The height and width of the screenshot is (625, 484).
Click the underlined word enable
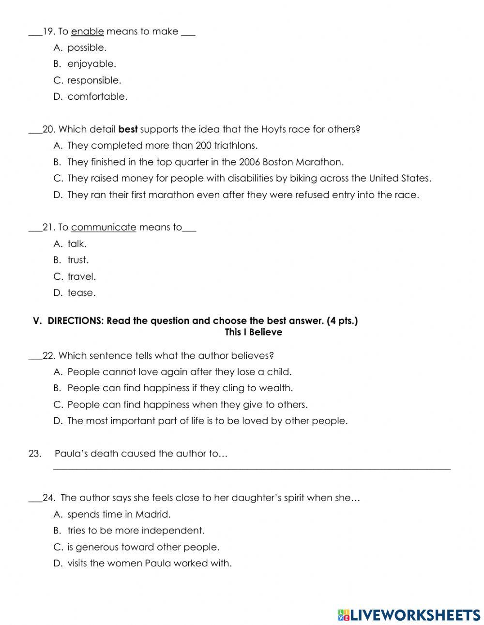tap(87, 31)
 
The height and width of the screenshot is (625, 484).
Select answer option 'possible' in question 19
tap(87, 47)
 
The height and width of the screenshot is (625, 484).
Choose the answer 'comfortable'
tap(97, 96)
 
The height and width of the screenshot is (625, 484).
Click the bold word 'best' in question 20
tap(128, 129)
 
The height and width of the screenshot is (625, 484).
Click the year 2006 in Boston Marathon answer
tap(251, 162)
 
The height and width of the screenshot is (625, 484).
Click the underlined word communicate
tap(104, 227)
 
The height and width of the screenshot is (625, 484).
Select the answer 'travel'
tap(81, 276)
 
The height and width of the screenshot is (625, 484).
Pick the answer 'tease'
tap(81, 292)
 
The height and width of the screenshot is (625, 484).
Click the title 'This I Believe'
tap(253, 332)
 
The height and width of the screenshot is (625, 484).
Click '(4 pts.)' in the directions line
tap(342, 321)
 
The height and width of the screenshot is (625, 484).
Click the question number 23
tap(34, 454)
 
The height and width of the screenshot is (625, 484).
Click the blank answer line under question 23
tap(251, 468)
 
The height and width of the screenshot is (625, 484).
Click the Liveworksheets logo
tap(408, 615)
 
